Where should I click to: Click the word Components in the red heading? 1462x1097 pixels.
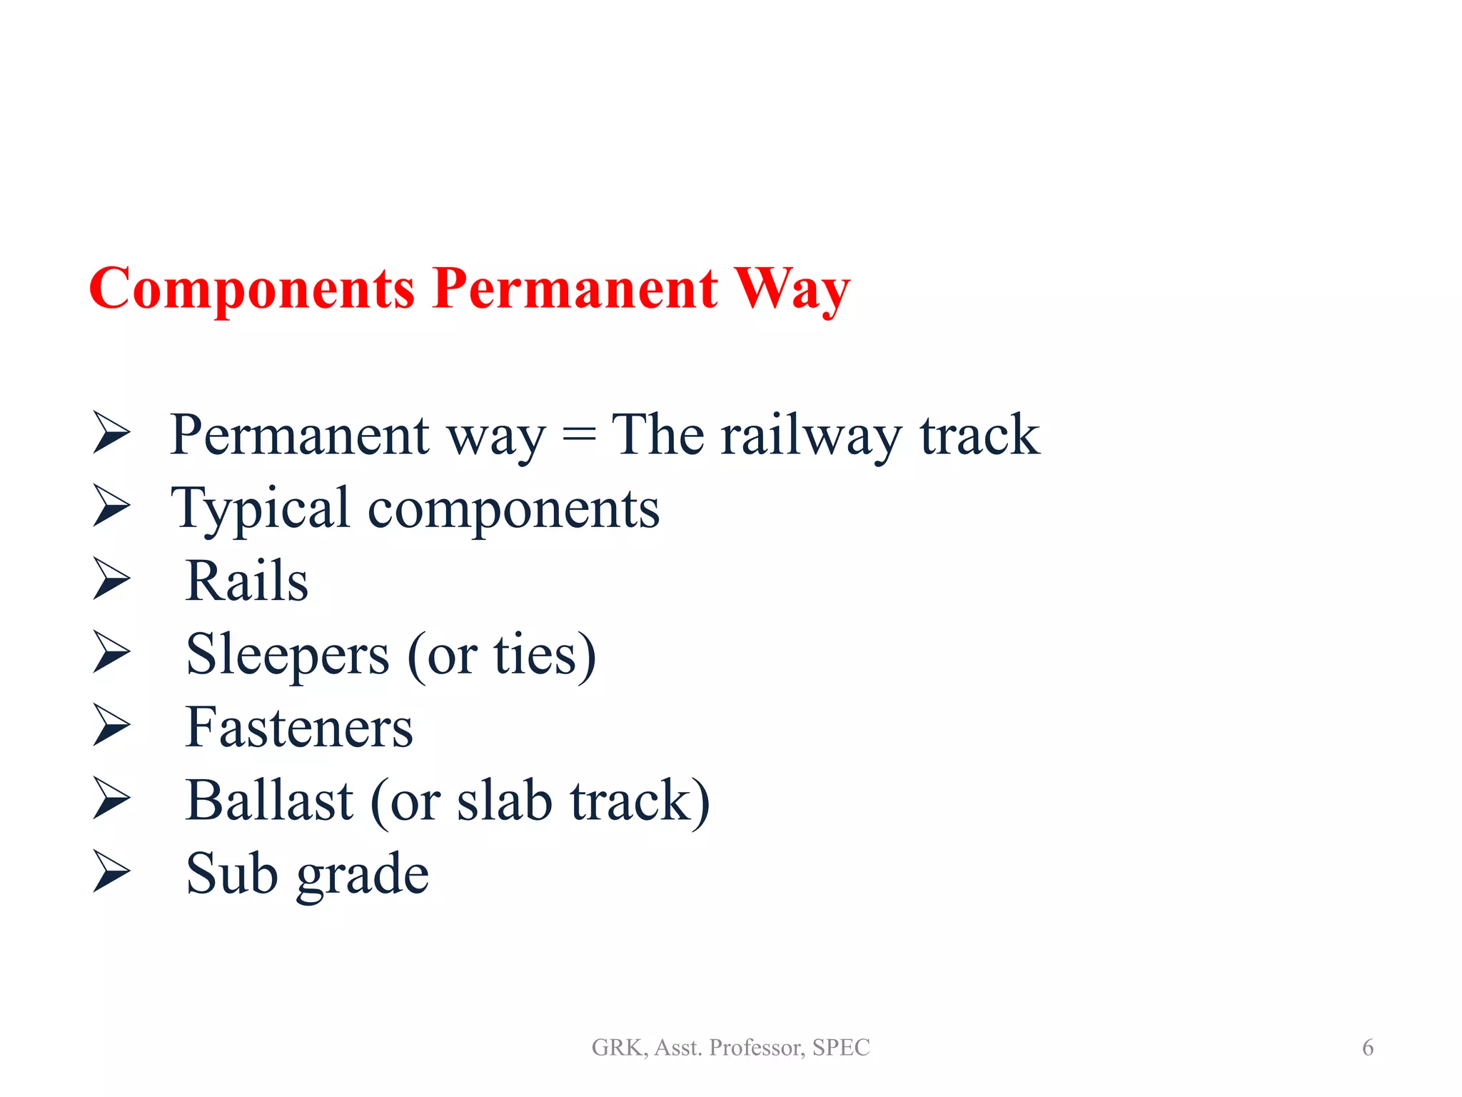point(251,289)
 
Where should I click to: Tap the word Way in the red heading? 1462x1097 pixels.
point(792,289)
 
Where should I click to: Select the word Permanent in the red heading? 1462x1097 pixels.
point(575,289)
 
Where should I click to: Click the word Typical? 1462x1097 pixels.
point(260,509)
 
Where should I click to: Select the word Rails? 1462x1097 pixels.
point(246,581)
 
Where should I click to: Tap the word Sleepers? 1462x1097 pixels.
point(288,655)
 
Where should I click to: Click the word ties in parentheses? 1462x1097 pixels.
point(535,655)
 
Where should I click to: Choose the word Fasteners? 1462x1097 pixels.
point(299,728)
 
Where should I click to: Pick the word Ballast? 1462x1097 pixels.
point(269,801)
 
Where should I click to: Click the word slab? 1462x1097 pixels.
point(504,801)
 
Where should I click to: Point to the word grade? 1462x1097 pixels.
point(363,875)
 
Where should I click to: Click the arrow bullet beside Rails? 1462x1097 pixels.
point(112,578)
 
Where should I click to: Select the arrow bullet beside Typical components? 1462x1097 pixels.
point(112,505)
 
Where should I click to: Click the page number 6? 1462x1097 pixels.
point(1367,1048)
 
